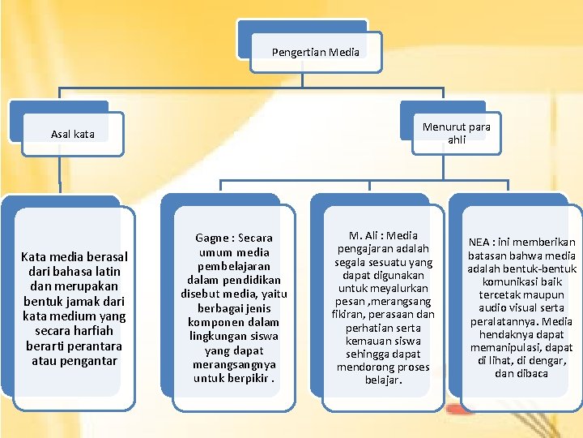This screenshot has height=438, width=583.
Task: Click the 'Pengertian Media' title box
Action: coord(316,53)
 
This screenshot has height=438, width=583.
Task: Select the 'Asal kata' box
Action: coord(73,134)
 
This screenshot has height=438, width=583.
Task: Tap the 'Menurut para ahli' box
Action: coord(457,132)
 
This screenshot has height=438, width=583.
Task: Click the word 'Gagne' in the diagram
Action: coord(212,238)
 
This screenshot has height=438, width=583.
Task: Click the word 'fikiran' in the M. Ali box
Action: coord(348,314)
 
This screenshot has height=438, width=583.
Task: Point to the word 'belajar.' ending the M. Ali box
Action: coord(384,380)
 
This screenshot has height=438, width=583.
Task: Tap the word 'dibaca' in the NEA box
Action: coord(533,373)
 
